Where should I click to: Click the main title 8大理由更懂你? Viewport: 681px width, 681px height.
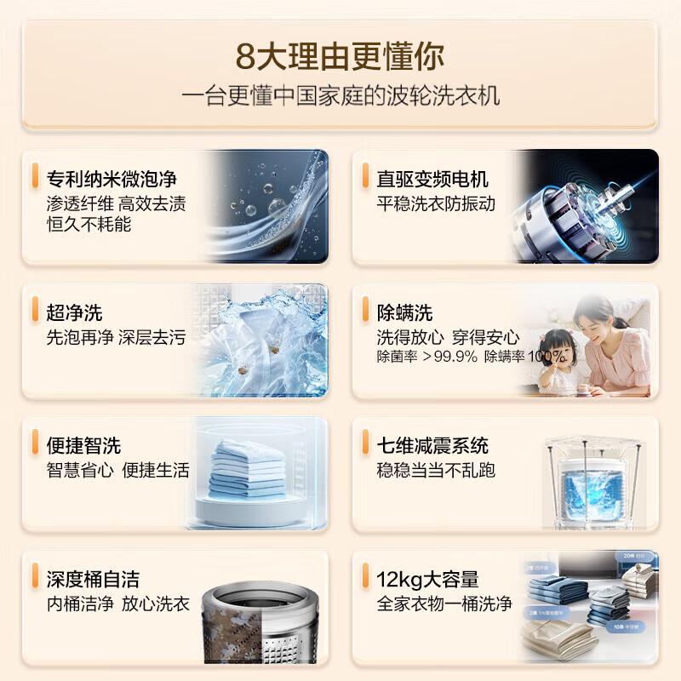tap(340, 57)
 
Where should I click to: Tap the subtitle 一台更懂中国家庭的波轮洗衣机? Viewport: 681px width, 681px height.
tap(340, 94)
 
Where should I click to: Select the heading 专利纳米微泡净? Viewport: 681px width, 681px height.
tap(112, 179)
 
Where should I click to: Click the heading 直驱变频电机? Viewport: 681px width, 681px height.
tap(432, 179)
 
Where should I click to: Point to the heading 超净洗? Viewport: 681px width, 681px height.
tap(74, 312)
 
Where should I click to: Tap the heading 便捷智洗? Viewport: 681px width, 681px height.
tap(83, 444)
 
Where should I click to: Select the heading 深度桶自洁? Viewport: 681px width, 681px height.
tap(93, 579)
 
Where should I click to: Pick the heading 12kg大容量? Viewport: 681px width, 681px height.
tap(427, 579)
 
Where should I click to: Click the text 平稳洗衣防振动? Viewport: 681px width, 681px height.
tap(436, 204)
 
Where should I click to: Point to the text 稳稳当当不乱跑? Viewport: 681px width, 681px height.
tap(436, 470)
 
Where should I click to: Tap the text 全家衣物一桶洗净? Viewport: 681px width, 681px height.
tap(444, 604)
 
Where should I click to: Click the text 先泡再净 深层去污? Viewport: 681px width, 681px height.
tap(116, 337)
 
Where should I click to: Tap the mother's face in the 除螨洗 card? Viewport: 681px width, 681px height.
tap(593, 320)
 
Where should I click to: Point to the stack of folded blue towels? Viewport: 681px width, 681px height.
tap(246, 468)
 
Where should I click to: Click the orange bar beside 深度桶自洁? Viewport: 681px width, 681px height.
tap(34, 574)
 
